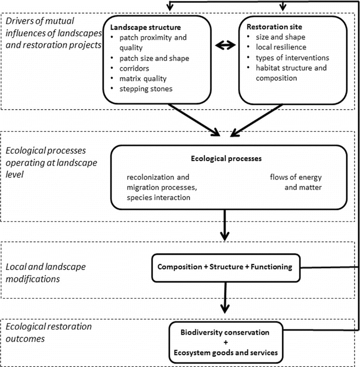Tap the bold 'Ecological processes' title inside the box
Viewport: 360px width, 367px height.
coord(227,158)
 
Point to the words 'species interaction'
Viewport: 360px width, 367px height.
coord(159,197)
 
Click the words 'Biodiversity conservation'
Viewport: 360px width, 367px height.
coord(225,333)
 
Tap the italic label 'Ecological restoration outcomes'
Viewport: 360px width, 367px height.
coord(48,332)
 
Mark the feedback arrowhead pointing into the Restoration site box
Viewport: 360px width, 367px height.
coord(282,8)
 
